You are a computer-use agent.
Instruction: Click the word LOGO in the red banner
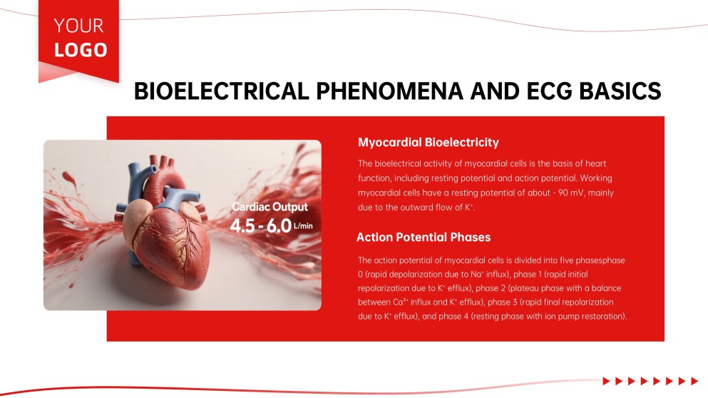81,50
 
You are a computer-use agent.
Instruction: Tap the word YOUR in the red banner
78,26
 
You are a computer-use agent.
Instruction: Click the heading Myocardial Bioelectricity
428,142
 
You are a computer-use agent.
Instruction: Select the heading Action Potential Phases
424,237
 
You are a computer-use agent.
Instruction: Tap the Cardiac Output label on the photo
270,207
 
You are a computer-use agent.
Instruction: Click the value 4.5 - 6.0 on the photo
260,225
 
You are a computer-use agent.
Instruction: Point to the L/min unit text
303,226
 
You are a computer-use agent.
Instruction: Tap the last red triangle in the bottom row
694,381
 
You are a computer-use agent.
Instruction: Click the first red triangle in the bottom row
606,381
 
